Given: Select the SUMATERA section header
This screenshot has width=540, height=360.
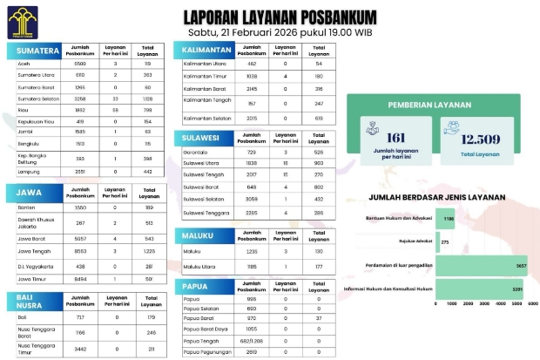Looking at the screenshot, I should click(37, 51).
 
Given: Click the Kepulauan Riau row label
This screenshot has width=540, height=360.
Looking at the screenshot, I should click(34, 123).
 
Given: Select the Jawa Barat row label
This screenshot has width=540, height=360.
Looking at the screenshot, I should click(31, 238).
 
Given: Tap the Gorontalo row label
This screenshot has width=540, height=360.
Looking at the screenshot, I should click(196, 152).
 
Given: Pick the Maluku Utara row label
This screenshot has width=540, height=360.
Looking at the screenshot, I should click(199, 266).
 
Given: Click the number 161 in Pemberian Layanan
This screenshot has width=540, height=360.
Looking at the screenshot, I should click(396, 139).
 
